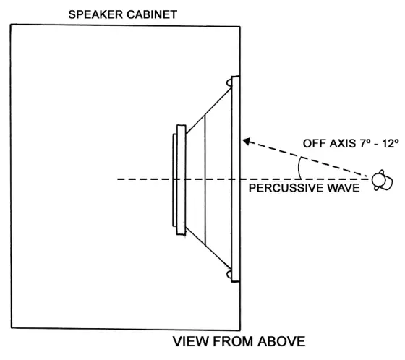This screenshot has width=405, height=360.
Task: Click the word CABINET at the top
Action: point(152,14)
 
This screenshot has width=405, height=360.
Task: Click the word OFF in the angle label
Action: point(314,143)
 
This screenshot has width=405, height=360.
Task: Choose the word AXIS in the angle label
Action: point(344,143)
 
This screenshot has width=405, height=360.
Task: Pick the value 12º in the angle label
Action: point(389,143)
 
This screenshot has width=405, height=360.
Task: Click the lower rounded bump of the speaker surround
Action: point(230,275)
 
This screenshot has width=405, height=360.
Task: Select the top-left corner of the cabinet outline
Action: point(9,27)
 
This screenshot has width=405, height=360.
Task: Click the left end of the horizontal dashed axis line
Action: point(117,179)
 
